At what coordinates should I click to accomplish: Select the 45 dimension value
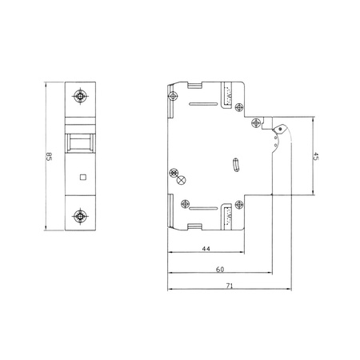[x=317, y=157]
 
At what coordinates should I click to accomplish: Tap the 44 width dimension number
[x=206, y=250]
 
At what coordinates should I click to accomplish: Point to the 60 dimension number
[x=220, y=269]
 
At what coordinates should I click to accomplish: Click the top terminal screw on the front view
[x=80, y=97]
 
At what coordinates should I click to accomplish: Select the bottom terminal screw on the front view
[x=80, y=216]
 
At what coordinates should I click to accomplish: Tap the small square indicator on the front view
[x=80, y=174]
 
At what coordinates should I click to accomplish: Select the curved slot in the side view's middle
[x=234, y=166]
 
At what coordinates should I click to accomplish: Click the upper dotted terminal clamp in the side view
[x=230, y=98]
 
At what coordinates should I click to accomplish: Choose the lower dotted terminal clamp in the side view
[x=230, y=214]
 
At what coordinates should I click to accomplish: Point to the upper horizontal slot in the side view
[x=203, y=102]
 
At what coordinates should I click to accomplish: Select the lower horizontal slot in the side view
[x=203, y=210]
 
